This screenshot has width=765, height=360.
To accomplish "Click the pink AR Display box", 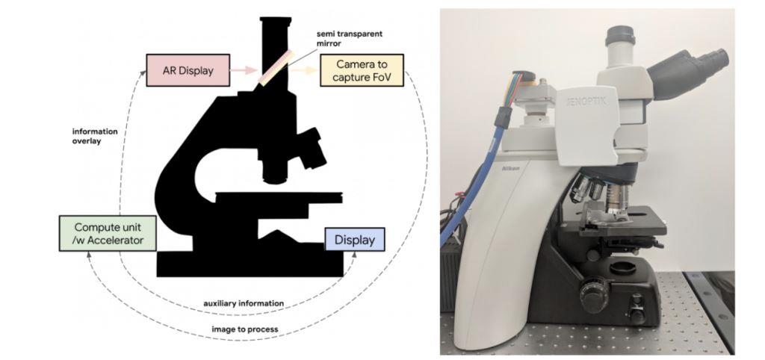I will click(x=189, y=72).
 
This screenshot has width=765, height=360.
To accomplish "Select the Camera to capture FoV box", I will click(x=361, y=71).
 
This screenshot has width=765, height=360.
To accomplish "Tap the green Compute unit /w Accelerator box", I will click(x=108, y=232).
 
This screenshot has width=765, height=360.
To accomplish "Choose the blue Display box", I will click(x=354, y=240).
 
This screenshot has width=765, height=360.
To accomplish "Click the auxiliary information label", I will click(x=244, y=304).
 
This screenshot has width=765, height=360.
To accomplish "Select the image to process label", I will click(x=244, y=329).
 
